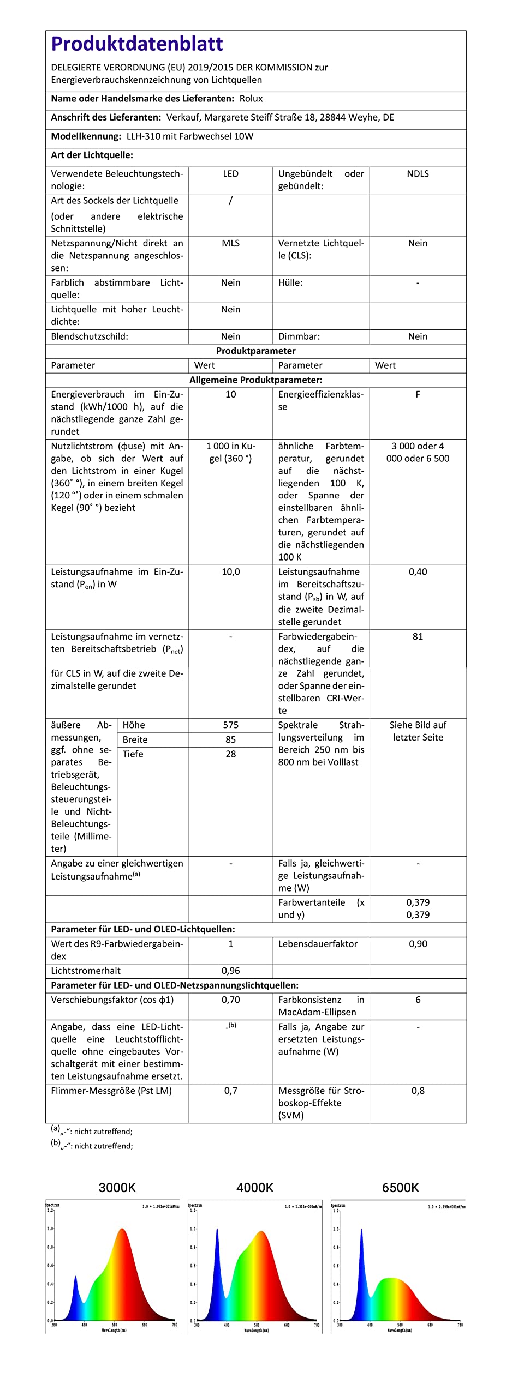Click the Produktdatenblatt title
[x=137, y=44]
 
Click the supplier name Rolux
[x=251, y=99]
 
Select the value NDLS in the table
[x=418, y=174]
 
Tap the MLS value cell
[x=230, y=243]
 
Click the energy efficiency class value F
[x=418, y=394]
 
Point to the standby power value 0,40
[x=418, y=571]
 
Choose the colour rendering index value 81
[x=418, y=636]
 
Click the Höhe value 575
[x=230, y=725]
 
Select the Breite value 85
[x=230, y=739]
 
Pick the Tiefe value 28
[x=230, y=754]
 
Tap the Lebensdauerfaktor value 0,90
[x=418, y=944]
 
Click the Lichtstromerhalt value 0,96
[x=230, y=971]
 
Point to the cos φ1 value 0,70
[x=230, y=1000]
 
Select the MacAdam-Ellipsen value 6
[x=418, y=1000]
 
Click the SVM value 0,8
[x=418, y=1091]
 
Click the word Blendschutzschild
[x=90, y=336]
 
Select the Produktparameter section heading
[x=255, y=351]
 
